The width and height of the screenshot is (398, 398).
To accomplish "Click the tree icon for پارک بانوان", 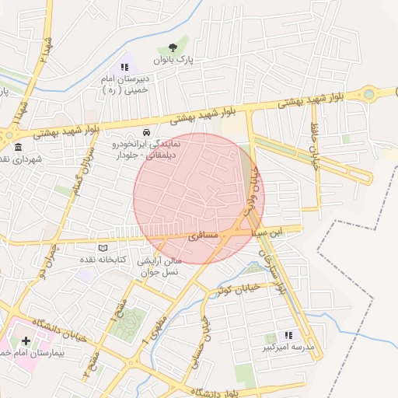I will tap(183, 47).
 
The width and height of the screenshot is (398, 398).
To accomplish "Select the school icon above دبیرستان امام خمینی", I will tap(124, 68).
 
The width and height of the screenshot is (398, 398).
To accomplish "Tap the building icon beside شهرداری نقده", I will tap(18, 147).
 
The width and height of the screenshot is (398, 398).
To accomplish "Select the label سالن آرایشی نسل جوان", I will tap(159, 267).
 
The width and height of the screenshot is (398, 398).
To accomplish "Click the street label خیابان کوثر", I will tap(234, 290).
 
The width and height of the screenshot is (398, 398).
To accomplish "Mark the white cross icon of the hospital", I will tap(26, 340).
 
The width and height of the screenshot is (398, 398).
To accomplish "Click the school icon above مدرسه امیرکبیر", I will tap(289, 334).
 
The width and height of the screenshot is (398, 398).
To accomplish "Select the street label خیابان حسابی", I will tap(207, 325).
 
